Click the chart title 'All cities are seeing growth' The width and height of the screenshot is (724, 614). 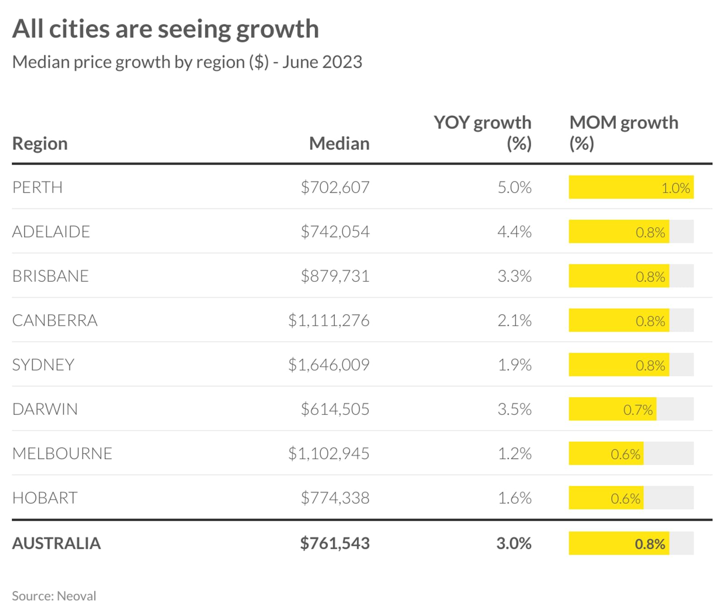pyautogui.click(x=165, y=29)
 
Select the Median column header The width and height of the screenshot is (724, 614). pyautogui.click(x=339, y=143)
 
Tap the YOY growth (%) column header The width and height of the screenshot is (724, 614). pyautogui.click(x=482, y=133)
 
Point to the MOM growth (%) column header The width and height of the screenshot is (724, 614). pyautogui.click(x=624, y=133)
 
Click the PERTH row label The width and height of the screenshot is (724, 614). pyautogui.click(x=38, y=187)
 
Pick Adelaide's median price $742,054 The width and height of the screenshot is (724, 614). pyautogui.click(x=335, y=232)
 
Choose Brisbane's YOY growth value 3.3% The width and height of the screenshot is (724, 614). pyautogui.click(x=514, y=276)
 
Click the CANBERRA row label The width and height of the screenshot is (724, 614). pyautogui.click(x=55, y=320)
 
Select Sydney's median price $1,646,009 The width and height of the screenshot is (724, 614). pyautogui.click(x=329, y=365)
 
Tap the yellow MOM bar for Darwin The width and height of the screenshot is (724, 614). pyautogui.click(x=612, y=409)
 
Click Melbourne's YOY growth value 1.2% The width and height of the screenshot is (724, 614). pyautogui.click(x=514, y=453)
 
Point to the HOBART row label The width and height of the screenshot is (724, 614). pyautogui.click(x=45, y=498)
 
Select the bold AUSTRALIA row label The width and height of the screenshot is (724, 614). pyautogui.click(x=57, y=543)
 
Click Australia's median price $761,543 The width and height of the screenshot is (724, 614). pyautogui.click(x=335, y=543)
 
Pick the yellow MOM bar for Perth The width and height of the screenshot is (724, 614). pyautogui.click(x=631, y=187)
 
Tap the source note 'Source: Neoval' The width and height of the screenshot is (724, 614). pyautogui.click(x=54, y=596)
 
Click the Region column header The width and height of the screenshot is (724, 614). pyautogui.click(x=40, y=143)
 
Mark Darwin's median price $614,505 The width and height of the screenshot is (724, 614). pyautogui.click(x=335, y=409)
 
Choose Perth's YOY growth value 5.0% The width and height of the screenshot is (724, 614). pyautogui.click(x=514, y=187)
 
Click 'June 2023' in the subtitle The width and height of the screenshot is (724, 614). pyautogui.click(x=322, y=62)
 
